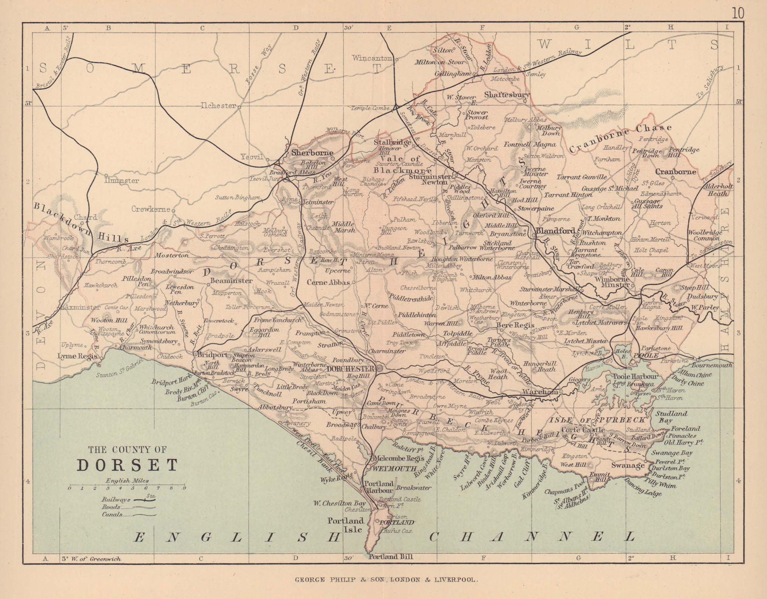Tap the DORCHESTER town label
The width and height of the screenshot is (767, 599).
pyautogui.click(x=350, y=369)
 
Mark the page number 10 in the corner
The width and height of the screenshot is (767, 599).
pyautogui.click(x=738, y=13)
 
